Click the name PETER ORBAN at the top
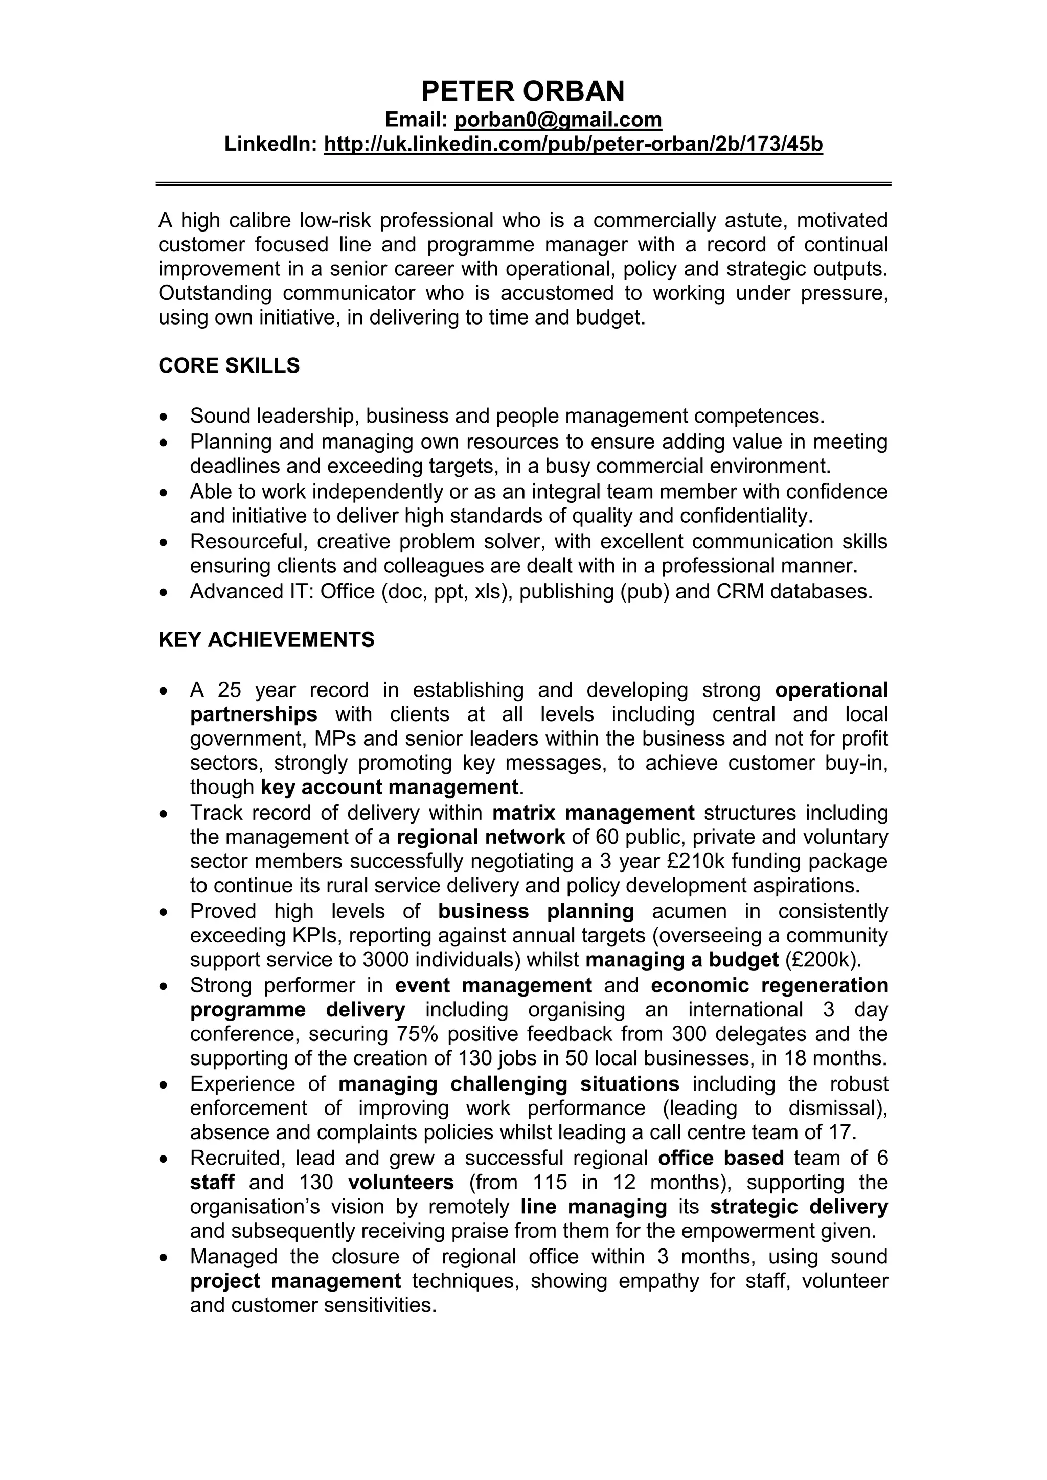point(523,91)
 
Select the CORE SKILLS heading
point(229,366)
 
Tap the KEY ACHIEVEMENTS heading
point(266,640)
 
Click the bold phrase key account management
point(390,787)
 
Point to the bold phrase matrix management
point(593,812)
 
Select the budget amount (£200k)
point(823,960)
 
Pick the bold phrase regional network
point(481,837)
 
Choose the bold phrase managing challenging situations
point(509,1083)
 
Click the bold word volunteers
point(401,1182)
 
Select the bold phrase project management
point(295,1281)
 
